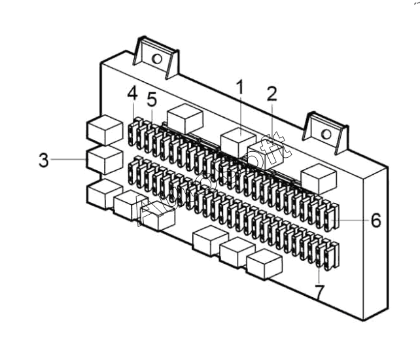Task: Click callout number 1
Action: click(x=239, y=86)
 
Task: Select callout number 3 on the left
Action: click(x=43, y=160)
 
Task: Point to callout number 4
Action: click(x=132, y=94)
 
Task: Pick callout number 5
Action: click(x=152, y=99)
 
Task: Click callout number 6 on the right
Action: click(x=376, y=221)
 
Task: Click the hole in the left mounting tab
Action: click(x=157, y=60)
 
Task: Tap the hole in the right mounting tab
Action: click(x=325, y=134)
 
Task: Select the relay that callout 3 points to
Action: click(x=104, y=159)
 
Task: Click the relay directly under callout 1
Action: click(x=238, y=142)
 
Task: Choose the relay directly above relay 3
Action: click(x=104, y=128)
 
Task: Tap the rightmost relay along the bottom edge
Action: click(x=264, y=263)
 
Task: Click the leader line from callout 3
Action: click(x=69, y=159)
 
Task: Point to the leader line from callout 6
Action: click(x=354, y=221)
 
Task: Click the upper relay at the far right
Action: click(x=318, y=175)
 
